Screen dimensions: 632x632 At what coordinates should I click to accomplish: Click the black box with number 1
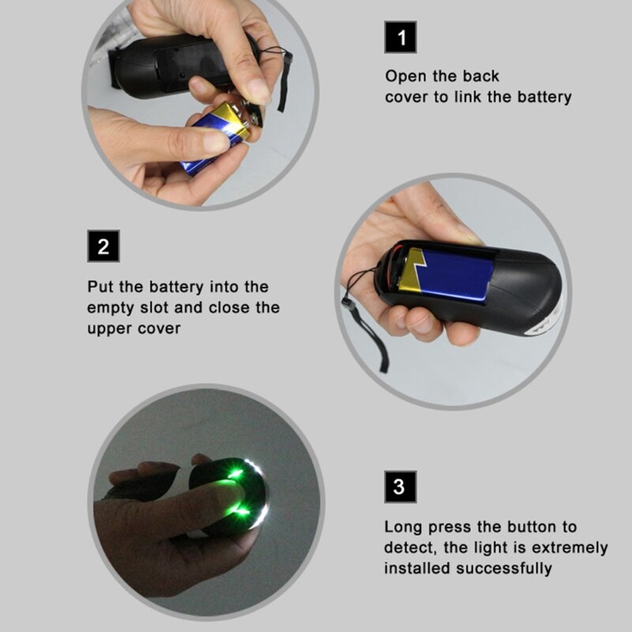click(x=401, y=37)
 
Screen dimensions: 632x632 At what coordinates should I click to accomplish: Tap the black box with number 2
click(x=103, y=246)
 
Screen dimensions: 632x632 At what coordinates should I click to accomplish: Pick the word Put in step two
click(x=100, y=287)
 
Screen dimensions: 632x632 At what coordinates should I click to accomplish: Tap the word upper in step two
click(x=110, y=328)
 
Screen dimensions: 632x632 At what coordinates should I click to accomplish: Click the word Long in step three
click(x=403, y=527)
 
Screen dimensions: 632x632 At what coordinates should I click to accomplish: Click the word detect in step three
click(x=408, y=547)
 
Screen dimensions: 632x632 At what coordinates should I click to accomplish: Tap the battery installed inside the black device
click(x=446, y=273)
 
